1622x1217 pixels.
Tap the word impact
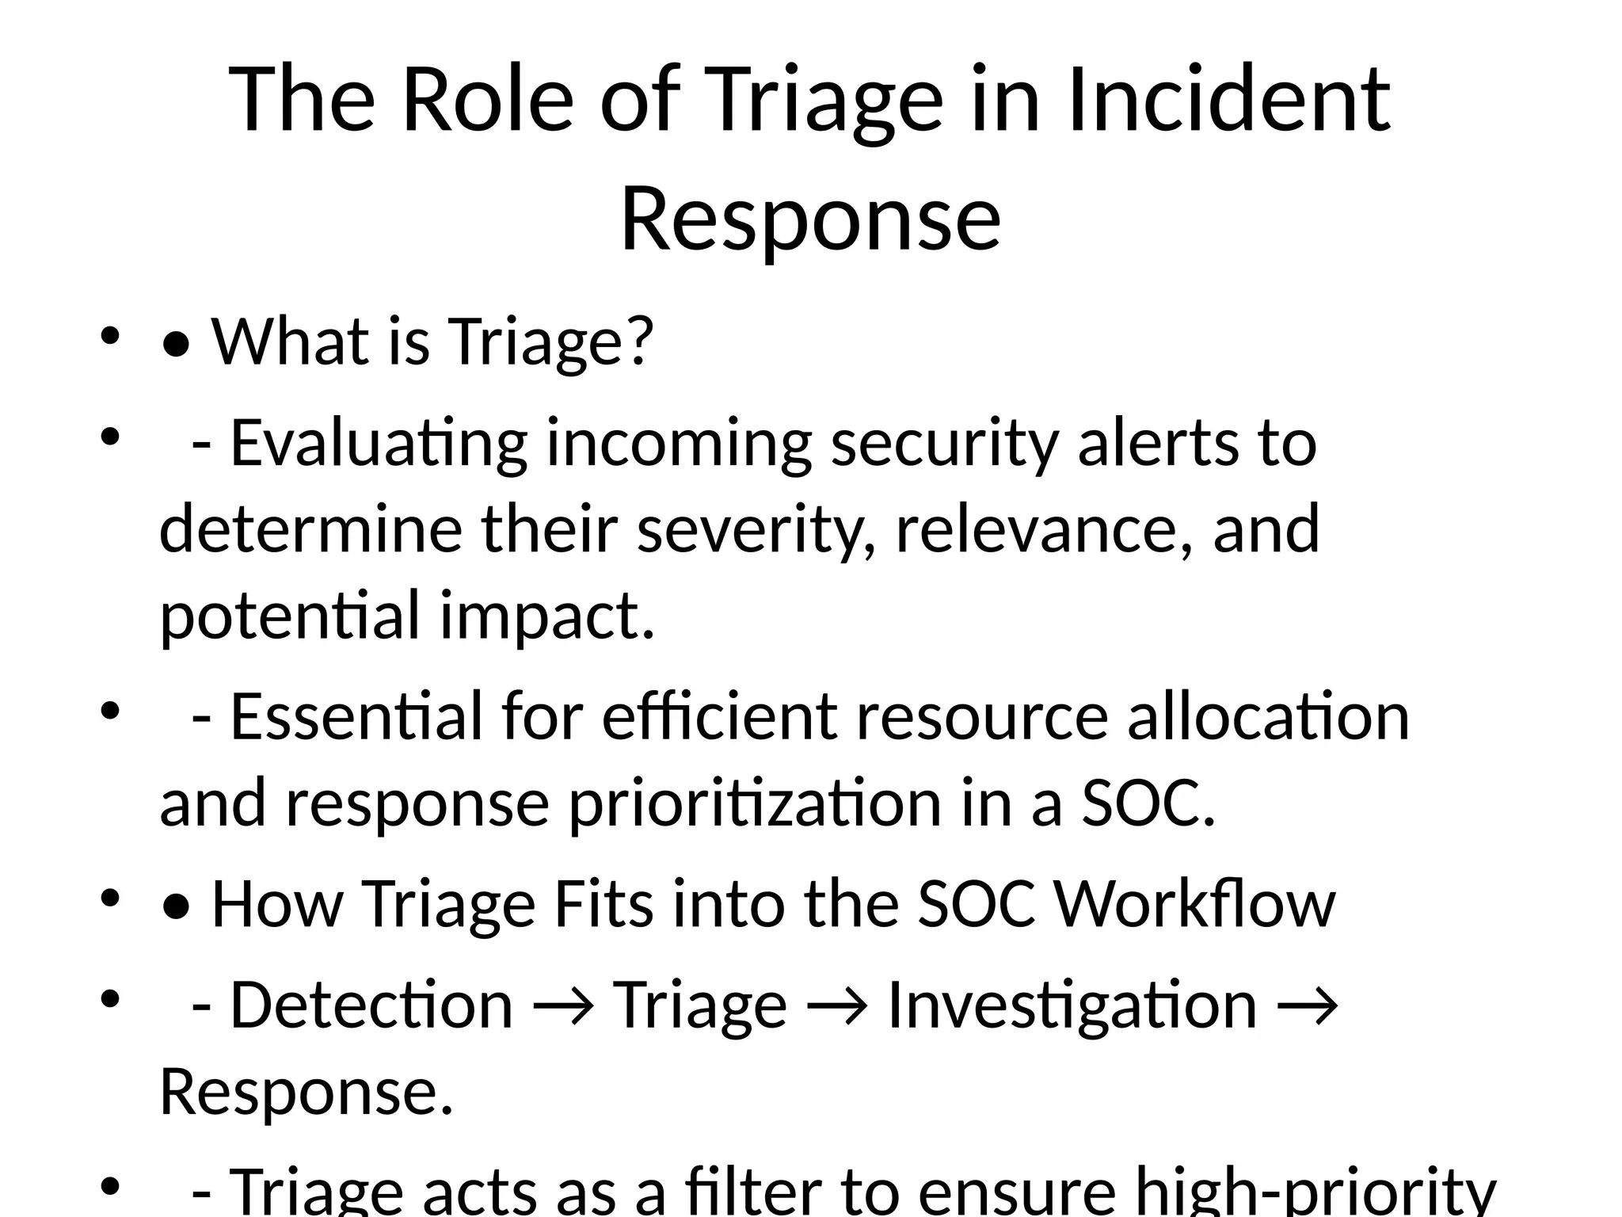(x=546, y=616)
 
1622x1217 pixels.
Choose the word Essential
(x=356, y=716)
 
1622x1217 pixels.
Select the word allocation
(x=1268, y=716)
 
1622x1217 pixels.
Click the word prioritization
(x=756, y=803)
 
